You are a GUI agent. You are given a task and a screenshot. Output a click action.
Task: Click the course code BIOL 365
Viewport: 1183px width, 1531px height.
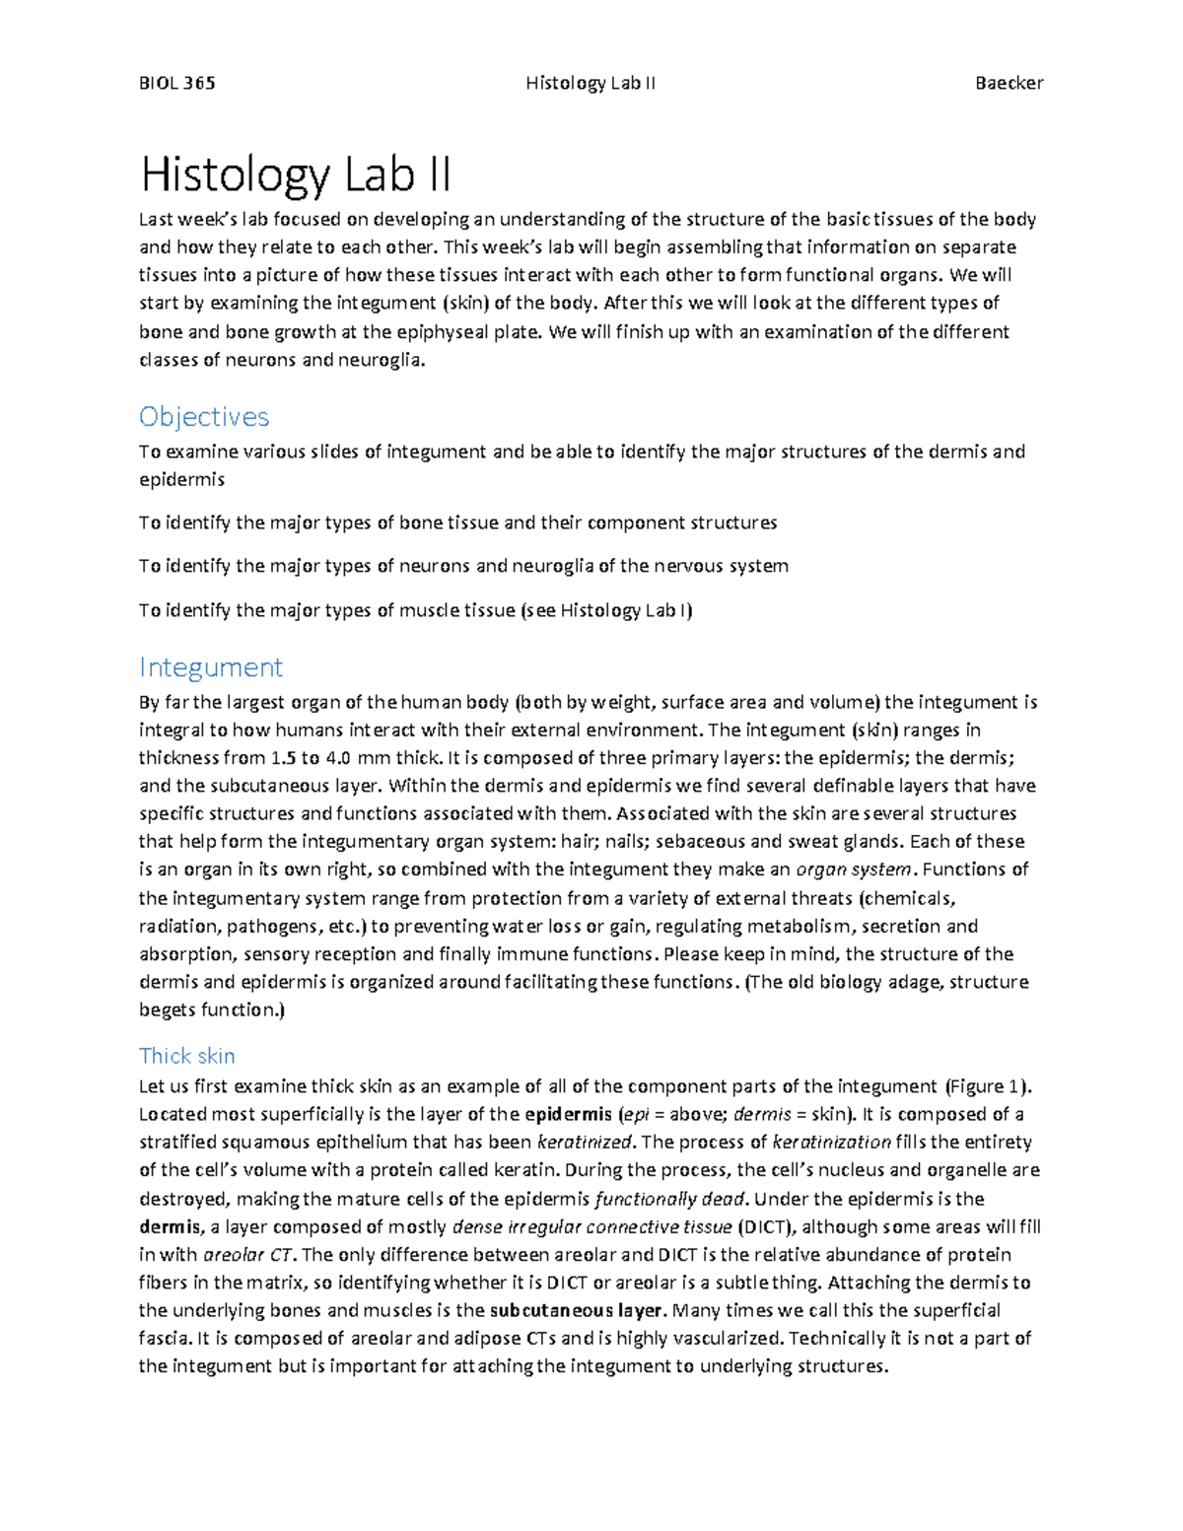point(177,83)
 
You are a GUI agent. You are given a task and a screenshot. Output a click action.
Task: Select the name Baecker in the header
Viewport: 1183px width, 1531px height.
point(1009,83)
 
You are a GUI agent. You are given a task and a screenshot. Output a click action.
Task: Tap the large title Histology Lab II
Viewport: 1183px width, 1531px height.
point(296,175)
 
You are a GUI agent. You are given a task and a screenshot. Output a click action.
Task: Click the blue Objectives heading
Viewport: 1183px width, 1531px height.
point(204,417)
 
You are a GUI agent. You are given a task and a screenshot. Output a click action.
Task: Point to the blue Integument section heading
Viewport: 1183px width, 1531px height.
point(211,667)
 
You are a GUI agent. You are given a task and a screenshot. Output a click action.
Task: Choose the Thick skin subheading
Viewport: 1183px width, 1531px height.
point(187,1056)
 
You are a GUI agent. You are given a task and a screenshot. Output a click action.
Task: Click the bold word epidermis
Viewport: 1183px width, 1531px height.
point(568,1114)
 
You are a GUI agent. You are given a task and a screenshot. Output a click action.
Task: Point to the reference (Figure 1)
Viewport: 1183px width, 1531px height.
point(988,1086)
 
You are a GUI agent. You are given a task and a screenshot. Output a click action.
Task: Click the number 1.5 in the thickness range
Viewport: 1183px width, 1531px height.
point(281,758)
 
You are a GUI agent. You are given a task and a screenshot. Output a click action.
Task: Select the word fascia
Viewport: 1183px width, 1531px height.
point(164,1338)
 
